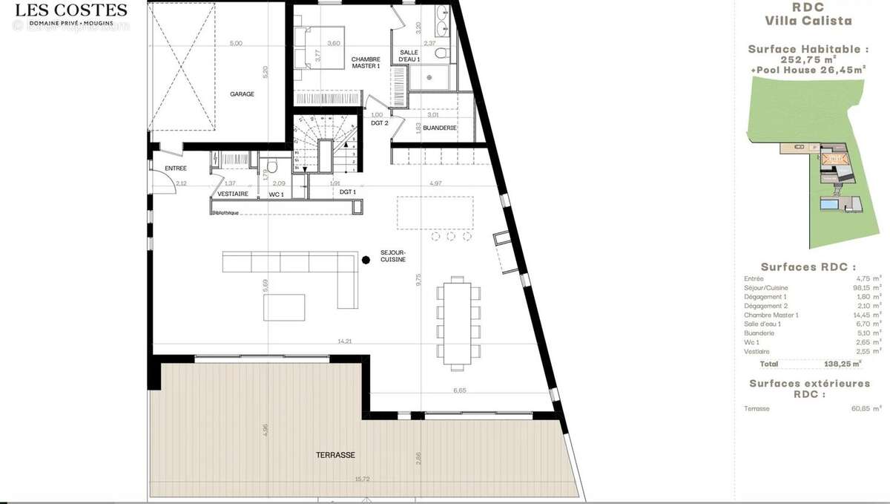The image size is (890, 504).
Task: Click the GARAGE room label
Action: pos(242,94)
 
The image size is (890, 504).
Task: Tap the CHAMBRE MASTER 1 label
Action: pos(366,63)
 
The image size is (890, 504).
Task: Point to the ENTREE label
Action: pos(176,168)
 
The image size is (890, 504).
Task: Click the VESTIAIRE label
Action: pos(231,194)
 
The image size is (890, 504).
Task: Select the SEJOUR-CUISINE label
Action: pos(393,255)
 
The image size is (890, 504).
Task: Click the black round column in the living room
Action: pos(366,260)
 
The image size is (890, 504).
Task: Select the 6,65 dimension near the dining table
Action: pos(459,390)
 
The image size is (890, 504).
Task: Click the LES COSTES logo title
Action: pos(71,10)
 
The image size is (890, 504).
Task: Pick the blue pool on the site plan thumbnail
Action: pos(829,203)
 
